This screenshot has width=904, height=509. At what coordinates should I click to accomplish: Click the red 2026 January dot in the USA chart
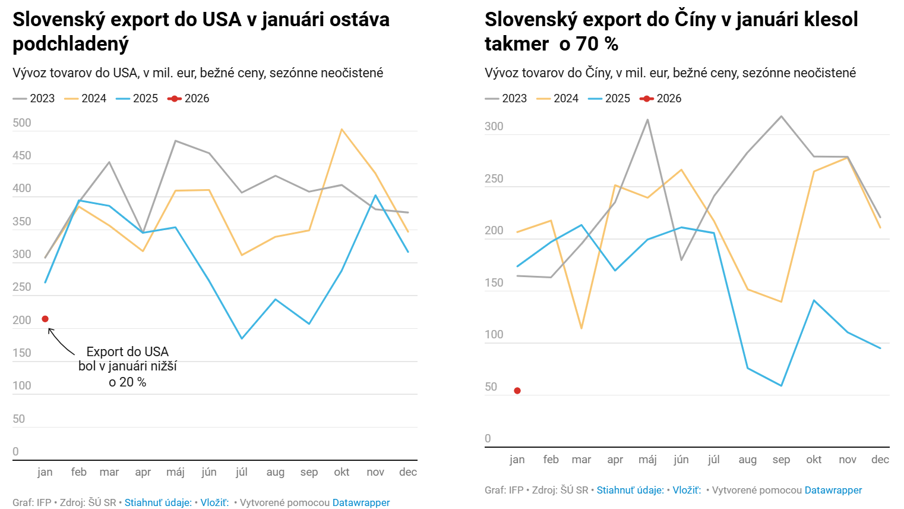click(x=45, y=319)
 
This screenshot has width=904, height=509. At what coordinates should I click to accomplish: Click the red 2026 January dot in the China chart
click(x=517, y=391)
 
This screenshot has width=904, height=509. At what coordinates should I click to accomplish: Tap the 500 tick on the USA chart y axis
click(x=22, y=123)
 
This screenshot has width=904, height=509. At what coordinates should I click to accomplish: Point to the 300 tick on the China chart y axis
click(x=494, y=126)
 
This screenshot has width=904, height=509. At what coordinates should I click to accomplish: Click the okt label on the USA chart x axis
click(x=342, y=472)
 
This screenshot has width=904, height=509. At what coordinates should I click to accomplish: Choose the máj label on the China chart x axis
click(x=647, y=460)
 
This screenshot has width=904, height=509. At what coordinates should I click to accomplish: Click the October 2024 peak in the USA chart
click(x=342, y=129)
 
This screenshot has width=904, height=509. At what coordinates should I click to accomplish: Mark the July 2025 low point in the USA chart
click(x=241, y=338)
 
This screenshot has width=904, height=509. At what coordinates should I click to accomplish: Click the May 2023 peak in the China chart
click(x=647, y=120)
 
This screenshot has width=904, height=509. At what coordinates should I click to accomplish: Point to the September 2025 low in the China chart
click(x=781, y=385)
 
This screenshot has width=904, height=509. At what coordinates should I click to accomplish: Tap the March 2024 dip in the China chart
click(x=581, y=328)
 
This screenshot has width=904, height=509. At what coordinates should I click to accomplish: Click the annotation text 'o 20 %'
click(x=127, y=382)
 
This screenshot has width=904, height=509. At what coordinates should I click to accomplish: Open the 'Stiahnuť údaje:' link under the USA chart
click(x=158, y=502)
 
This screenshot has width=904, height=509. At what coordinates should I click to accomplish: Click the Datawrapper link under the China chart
click(x=833, y=490)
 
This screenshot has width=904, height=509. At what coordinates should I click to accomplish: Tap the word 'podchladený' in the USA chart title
click(x=71, y=44)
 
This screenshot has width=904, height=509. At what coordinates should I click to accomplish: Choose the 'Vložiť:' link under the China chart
click(x=687, y=490)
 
